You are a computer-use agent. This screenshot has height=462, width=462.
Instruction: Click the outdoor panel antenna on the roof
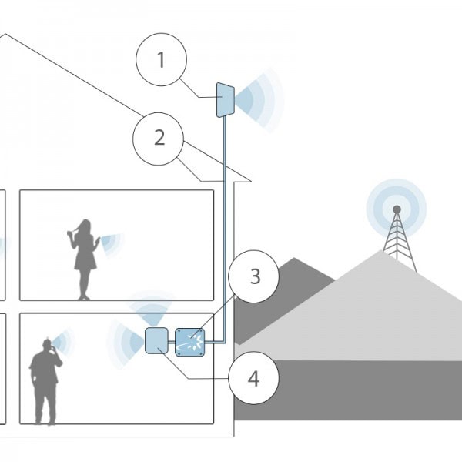226,100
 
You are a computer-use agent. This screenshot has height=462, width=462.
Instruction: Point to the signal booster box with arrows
190,342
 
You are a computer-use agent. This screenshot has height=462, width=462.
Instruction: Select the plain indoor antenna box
156,340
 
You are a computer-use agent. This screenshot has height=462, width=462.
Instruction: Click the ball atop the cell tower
397,209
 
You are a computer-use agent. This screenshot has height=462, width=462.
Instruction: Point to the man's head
46,345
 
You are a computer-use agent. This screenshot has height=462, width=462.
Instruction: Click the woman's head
85,226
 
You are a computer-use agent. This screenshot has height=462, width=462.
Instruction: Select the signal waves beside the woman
112,243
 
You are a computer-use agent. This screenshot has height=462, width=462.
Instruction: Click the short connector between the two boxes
172,342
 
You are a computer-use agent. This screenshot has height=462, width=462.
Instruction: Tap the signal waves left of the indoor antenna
126,343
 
